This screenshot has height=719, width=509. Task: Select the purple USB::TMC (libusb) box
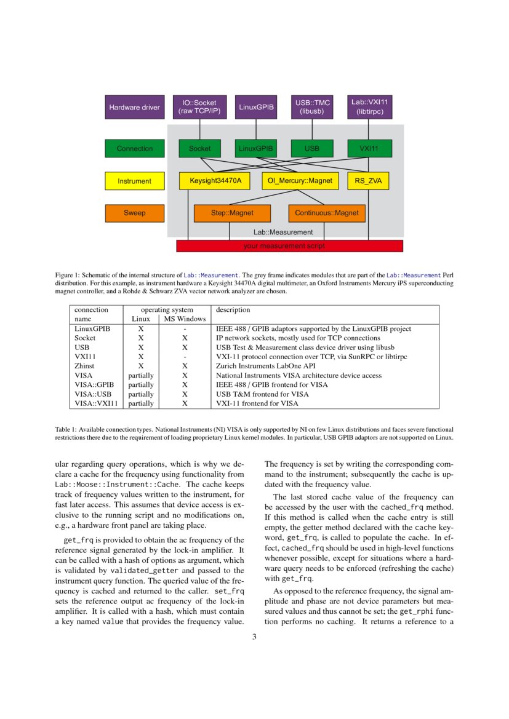[x=313, y=107]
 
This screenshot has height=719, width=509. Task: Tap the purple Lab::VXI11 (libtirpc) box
[x=368, y=107]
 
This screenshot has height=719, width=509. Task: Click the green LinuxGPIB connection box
[x=256, y=148]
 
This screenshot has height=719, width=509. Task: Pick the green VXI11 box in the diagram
[x=368, y=148]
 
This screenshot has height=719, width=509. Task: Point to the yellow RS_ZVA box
[x=368, y=181]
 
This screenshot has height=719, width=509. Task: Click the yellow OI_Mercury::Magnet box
[x=300, y=181]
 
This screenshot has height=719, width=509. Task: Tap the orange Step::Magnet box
[x=232, y=213]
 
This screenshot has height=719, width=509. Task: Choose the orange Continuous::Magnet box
[x=326, y=213]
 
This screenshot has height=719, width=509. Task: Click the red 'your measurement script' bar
[x=289, y=246]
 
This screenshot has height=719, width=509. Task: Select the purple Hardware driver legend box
[x=134, y=107]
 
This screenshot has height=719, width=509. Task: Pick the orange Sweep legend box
[x=134, y=213]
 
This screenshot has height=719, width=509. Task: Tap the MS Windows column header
[x=183, y=319]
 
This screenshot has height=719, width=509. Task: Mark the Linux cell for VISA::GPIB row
[x=141, y=384]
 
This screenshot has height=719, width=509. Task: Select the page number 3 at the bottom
[x=254, y=637]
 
